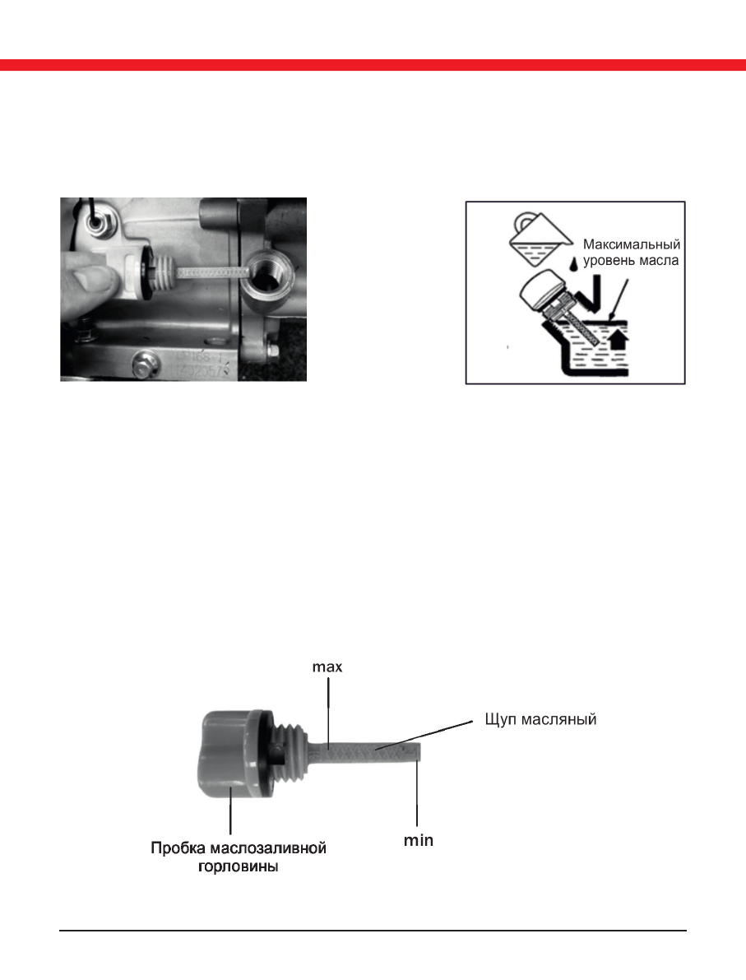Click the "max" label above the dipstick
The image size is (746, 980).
coord(328,667)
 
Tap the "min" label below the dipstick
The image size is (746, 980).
coord(418,841)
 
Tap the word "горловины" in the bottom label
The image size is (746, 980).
coord(239,867)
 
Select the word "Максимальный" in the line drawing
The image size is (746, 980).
coord(633,244)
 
